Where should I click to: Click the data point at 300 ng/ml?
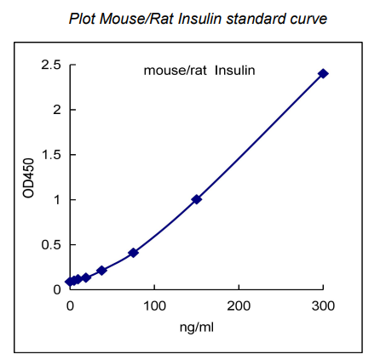click(x=323, y=74)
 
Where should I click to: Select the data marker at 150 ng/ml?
click(x=196, y=199)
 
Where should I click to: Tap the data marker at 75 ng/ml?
click(x=133, y=253)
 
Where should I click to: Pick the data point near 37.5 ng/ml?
click(x=101, y=271)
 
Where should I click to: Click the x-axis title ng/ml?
click(x=196, y=328)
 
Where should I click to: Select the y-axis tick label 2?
click(x=56, y=110)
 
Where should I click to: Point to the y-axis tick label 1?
click(x=56, y=200)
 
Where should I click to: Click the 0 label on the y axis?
click(x=56, y=290)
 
